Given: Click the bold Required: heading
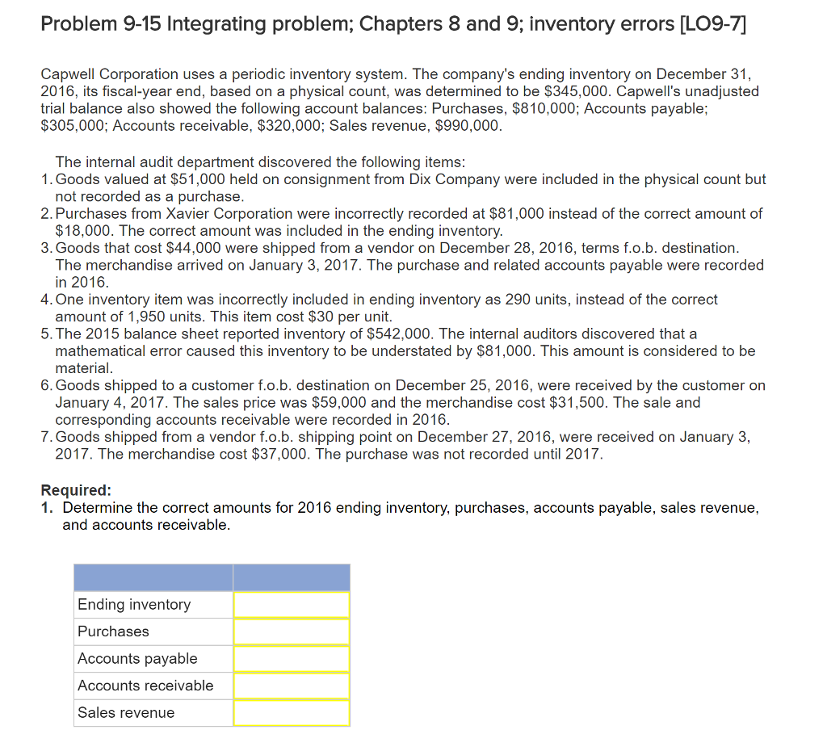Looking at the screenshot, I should tap(76, 490).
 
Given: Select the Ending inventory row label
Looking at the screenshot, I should tap(134, 605).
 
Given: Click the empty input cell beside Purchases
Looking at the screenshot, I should tap(292, 631).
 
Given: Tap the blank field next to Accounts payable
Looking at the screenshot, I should tap(292, 659).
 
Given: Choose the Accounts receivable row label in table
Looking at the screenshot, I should tap(145, 686).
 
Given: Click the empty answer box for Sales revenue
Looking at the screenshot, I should tap(292, 713).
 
